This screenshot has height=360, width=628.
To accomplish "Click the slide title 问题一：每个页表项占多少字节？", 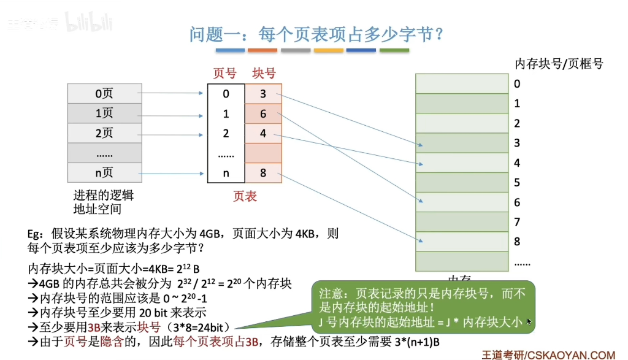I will [x=316, y=35].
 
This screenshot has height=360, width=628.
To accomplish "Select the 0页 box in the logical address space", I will [x=104, y=94].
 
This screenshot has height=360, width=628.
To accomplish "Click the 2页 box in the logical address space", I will [x=104, y=133].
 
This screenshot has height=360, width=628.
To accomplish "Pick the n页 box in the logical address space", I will [x=104, y=173].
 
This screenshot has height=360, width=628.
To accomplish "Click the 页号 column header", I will [x=224, y=74].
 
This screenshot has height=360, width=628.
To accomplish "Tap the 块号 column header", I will [x=264, y=74].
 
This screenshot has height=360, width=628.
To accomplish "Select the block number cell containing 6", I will [x=263, y=113].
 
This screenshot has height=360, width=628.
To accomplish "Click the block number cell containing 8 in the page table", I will [x=263, y=173].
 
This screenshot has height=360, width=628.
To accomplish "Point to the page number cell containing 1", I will [x=226, y=113].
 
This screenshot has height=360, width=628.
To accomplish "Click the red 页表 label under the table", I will [x=245, y=196].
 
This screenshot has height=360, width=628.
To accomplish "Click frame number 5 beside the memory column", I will [x=517, y=182].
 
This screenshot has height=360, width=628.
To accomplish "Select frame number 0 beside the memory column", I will [x=517, y=83].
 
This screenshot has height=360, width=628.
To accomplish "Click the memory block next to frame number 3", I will [x=462, y=143].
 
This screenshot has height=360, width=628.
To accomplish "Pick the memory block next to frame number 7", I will [x=462, y=221].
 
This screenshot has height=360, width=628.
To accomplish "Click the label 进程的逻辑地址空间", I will [x=103, y=202].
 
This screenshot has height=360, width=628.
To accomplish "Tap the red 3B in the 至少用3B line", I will [x=94, y=327].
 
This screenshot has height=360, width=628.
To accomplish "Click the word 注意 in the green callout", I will [x=331, y=294].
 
